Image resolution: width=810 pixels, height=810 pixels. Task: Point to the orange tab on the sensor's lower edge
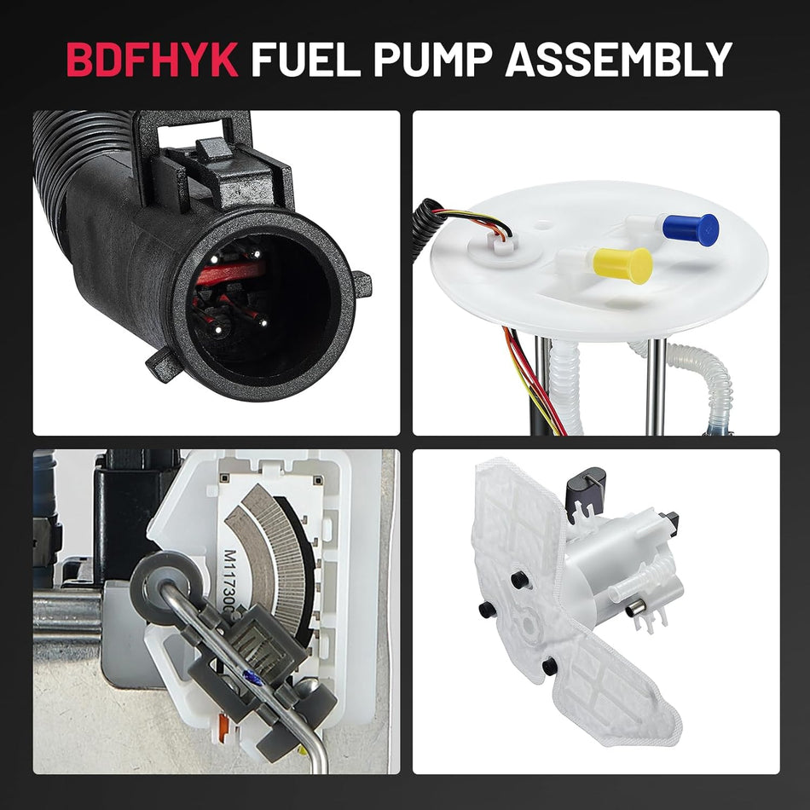click(x=223, y=724)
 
